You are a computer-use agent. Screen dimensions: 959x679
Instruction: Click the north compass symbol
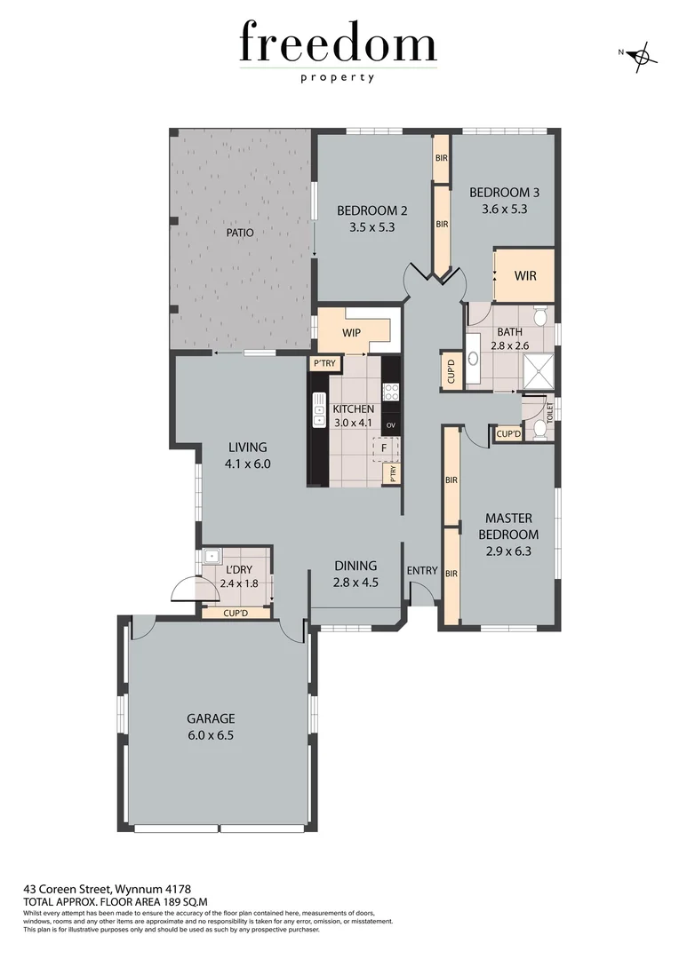click(641, 57)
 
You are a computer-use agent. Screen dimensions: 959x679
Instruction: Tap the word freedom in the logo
click(338, 44)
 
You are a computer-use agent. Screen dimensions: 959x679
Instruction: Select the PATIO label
click(239, 233)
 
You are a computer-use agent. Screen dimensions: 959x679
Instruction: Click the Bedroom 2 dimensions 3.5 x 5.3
click(371, 226)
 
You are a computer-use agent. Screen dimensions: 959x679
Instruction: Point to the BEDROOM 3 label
click(504, 193)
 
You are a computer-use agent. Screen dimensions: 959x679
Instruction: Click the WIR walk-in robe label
click(525, 275)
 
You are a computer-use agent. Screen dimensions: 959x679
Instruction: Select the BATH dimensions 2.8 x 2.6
click(508, 347)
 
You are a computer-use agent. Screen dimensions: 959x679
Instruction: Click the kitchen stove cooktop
click(391, 392)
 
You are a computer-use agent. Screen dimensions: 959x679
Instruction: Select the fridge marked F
click(384, 448)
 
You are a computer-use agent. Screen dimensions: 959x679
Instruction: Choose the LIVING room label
click(247, 448)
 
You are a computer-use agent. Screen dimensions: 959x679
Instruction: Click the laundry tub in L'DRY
click(211, 558)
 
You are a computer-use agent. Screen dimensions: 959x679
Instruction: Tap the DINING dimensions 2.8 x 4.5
click(355, 583)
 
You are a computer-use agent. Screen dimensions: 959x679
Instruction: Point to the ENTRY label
click(421, 570)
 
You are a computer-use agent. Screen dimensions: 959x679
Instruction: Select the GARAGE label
click(210, 718)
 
